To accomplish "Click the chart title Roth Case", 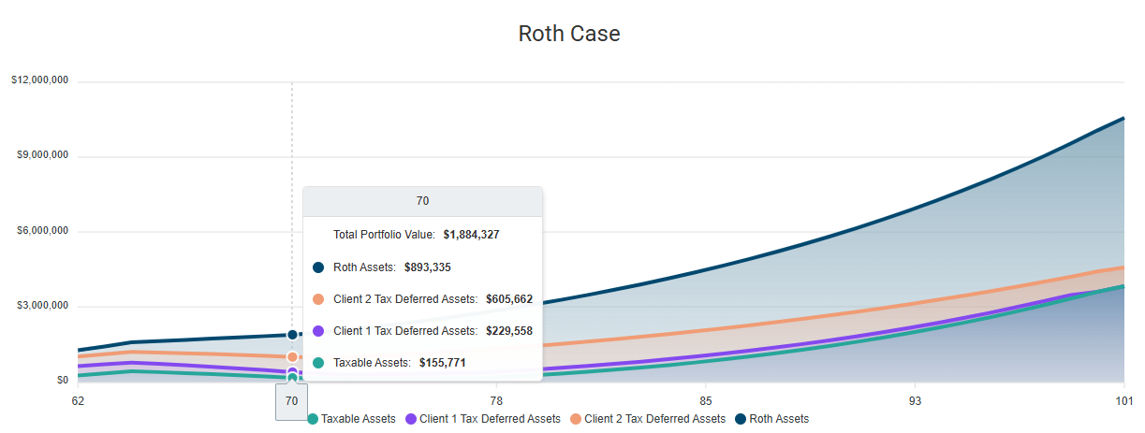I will point(569,34).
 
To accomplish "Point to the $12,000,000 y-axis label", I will point(39,80).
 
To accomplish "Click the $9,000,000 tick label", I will point(42,155).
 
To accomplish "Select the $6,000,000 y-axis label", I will point(42,231).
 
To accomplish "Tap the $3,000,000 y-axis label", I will point(42,306).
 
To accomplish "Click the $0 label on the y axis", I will point(62,381).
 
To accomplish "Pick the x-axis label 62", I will point(78,400).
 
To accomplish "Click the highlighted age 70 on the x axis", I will point(291,400).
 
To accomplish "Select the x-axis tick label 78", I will point(496,400).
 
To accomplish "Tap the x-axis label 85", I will point(706,400).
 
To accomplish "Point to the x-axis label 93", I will point(915,400).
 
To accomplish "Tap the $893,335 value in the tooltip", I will point(427,267).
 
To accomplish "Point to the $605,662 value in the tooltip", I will point(508,299).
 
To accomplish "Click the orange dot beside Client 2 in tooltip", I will point(318,299).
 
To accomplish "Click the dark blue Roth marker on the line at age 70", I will point(292,335).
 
